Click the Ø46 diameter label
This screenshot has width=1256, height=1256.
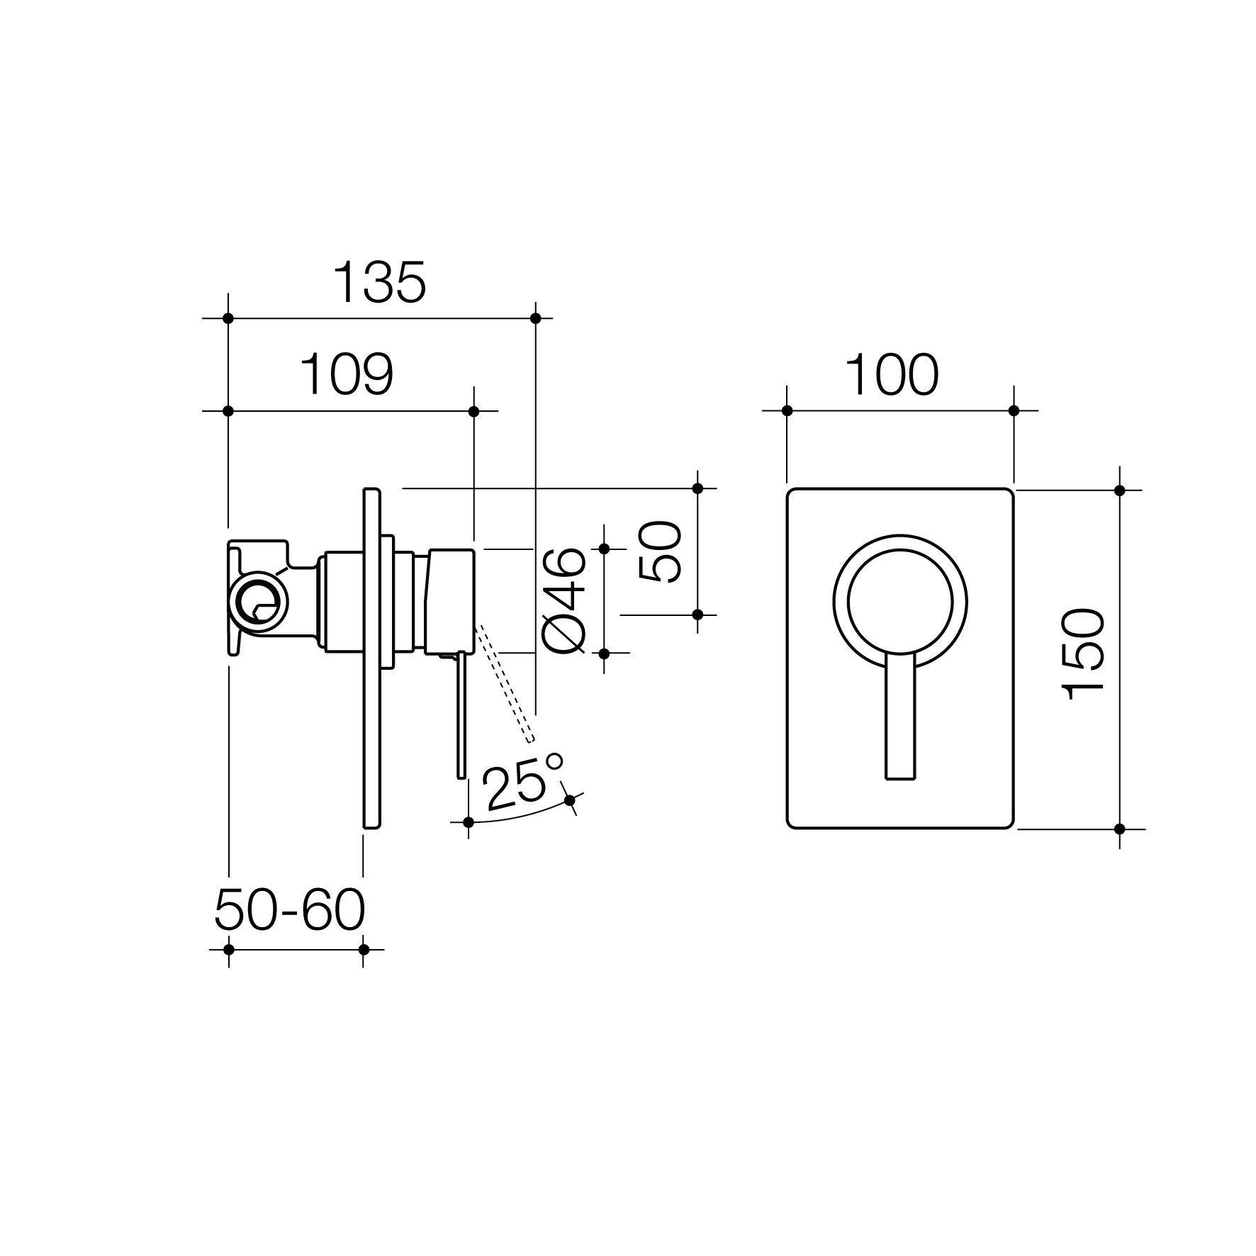coord(564,600)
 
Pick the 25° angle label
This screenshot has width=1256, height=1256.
coord(522,782)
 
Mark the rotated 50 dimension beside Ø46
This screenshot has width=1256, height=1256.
coord(660,551)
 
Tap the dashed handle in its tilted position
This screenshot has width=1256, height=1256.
coord(503,684)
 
